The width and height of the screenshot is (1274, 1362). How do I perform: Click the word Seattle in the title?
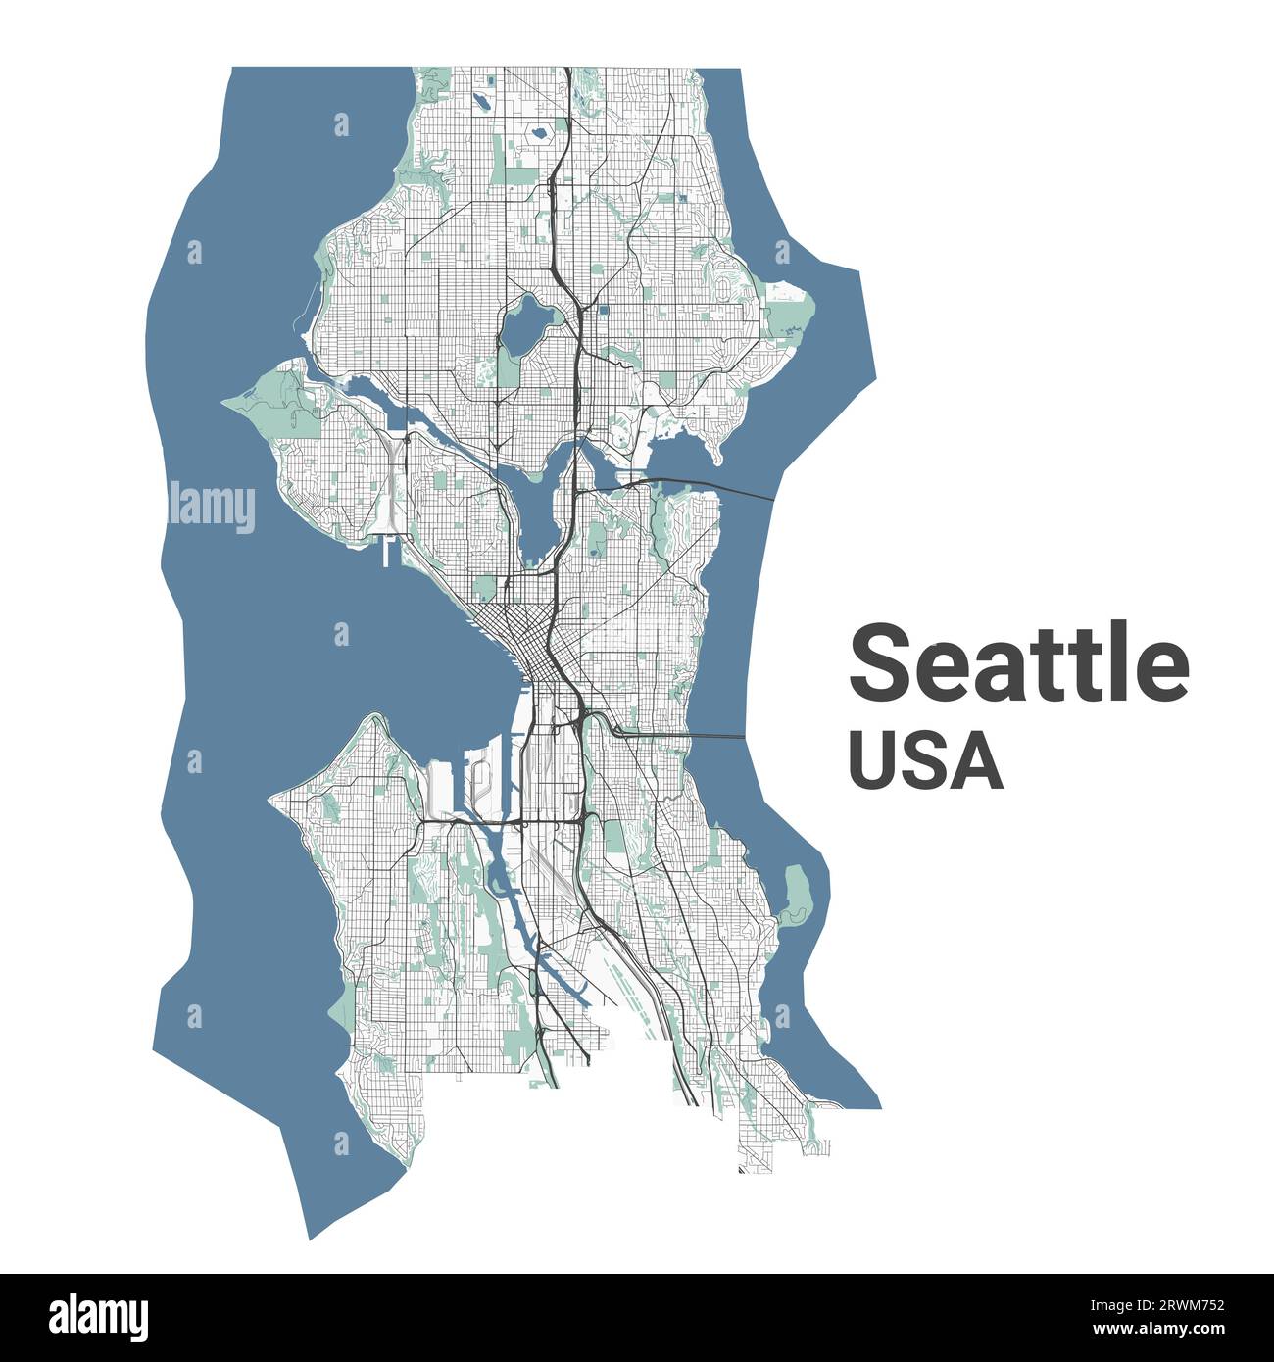(1018, 663)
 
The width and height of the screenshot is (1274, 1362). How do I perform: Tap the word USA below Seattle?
(925, 761)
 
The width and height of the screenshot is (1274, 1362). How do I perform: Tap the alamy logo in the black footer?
(100, 1315)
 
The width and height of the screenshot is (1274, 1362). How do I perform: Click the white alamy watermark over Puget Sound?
(213, 507)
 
